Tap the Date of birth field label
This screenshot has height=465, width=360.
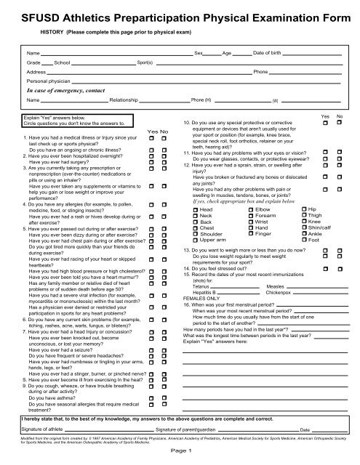(x=268, y=54)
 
